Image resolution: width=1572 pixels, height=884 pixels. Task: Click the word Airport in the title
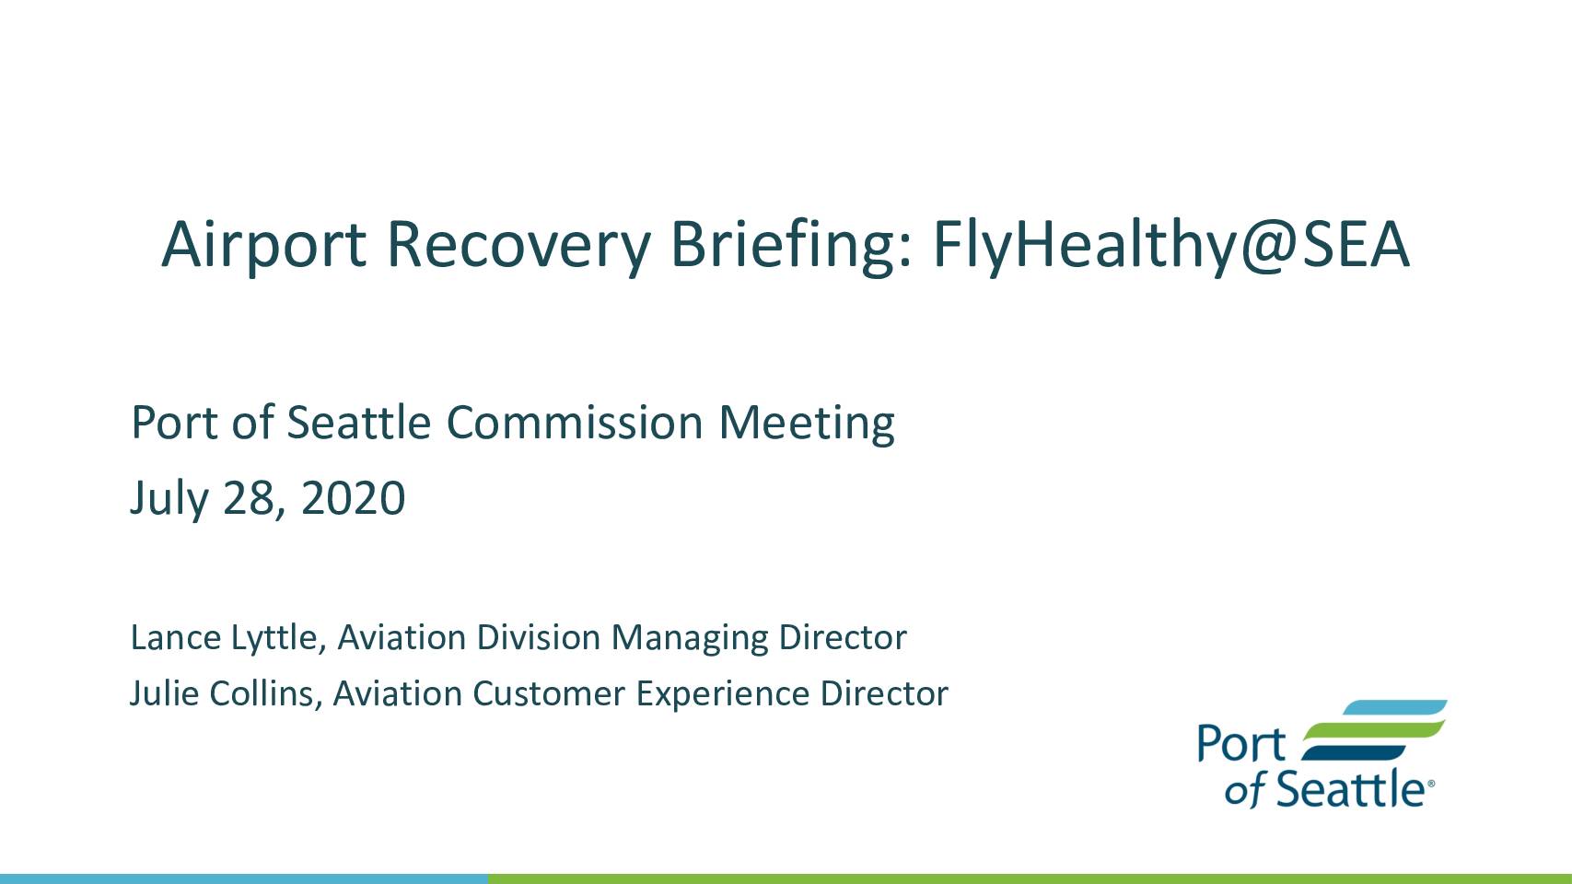point(264,245)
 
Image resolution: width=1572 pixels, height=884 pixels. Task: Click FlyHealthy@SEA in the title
point(1170,246)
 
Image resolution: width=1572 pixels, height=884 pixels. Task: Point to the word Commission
point(575,423)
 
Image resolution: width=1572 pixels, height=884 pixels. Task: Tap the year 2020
point(353,499)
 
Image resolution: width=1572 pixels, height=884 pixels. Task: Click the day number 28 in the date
point(250,499)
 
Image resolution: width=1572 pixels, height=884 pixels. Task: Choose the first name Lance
point(176,638)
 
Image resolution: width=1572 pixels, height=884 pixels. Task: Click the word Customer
point(549,694)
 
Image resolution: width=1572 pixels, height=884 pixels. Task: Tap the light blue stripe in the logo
point(1394,707)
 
